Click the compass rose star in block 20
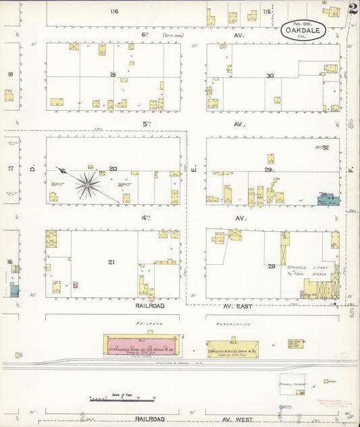[x=86, y=184]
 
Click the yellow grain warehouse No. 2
[x=232, y=349]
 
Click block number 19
[x=113, y=75]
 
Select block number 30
[x=270, y=76]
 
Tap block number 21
[x=111, y=261]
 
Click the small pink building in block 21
[x=76, y=285]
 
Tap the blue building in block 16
[x=14, y=291]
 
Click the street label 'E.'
[x=193, y=166]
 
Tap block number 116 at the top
[x=114, y=11]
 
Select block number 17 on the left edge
[x=10, y=169]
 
